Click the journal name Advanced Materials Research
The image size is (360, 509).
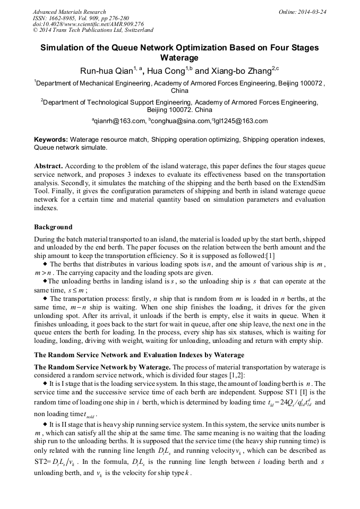69,11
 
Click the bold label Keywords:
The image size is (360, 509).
51,139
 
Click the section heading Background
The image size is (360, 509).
53,227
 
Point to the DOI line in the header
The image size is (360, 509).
88,24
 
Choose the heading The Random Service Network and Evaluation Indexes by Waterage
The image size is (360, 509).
139,354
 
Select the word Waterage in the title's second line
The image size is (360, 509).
179,57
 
